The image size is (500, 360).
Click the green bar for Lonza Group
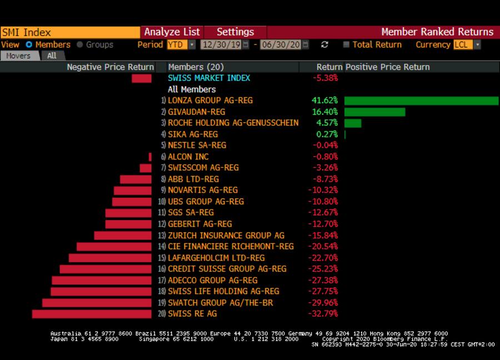[421, 101]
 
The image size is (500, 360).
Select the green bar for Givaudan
[374, 112]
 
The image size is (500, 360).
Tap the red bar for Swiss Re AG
[92, 314]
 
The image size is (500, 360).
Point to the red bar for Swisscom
[146, 168]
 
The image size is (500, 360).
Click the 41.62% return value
[324, 101]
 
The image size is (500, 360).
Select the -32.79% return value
[323, 314]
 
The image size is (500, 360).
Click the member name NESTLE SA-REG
[197, 146]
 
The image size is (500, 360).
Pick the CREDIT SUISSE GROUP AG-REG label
[227, 269]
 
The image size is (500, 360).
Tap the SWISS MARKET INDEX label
[209, 78]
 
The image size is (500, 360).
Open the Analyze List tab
[172, 32]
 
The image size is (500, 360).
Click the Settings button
[235, 32]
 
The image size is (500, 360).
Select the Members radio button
[29, 44]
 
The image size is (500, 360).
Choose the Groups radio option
[80, 44]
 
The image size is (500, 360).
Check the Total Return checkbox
[346, 44]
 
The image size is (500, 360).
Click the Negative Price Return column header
[110, 67]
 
